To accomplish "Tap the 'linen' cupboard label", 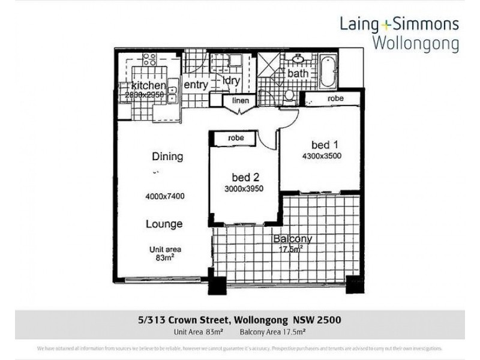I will coord(240,101).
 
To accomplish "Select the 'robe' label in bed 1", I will coord(335,98).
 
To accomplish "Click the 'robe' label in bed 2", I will coord(236,137).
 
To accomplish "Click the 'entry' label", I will coord(195,85).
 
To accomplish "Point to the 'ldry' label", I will coord(231,80).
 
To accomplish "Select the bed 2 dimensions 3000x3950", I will coord(245,188).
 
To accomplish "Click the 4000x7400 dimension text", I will coord(164,196).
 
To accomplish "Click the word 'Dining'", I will coord(167,157).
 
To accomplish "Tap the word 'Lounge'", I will coord(164,224).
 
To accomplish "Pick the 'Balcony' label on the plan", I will coord(292,238).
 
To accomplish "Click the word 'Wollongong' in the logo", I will coord(415,43).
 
